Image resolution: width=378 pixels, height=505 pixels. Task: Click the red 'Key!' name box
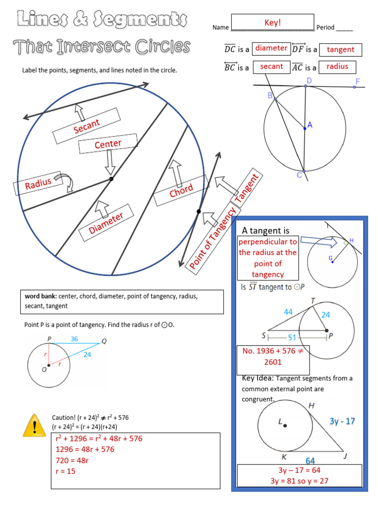[272, 23]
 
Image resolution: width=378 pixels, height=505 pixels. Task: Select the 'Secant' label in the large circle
[87, 126]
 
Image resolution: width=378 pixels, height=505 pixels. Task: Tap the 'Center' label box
[108, 144]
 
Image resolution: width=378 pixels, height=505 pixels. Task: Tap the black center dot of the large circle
[112, 179]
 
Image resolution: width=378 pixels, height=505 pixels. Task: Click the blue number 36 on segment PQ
[74, 339]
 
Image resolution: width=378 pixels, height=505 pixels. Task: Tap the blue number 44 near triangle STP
[288, 312]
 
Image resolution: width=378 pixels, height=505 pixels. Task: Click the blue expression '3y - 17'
[342, 421]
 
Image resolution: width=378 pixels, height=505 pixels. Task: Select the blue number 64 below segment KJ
[310, 460]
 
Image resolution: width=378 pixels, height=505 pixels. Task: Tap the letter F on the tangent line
[357, 81]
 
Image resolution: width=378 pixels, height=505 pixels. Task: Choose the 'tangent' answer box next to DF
[341, 49]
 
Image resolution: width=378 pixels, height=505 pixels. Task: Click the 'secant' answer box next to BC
[271, 67]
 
